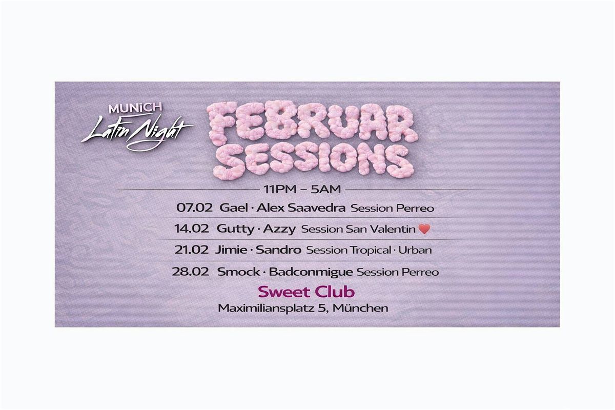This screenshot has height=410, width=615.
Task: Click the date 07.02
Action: (x=194, y=208)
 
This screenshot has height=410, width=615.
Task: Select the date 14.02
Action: (x=191, y=229)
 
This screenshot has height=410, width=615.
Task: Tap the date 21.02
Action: (x=191, y=250)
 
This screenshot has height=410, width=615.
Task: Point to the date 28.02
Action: (x=190, y=272)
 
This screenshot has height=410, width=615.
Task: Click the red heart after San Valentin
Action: (x=424, y=229)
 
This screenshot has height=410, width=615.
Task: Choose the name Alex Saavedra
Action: (x=301, y=208)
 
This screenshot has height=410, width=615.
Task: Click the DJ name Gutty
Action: (x=235, y=229)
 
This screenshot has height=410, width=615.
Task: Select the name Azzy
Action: (x=279, y=229)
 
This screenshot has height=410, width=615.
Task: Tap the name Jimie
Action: (x=231, y=250)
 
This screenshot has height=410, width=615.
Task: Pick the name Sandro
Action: (x=278, y=250)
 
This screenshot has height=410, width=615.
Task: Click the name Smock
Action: (x=238, y=272)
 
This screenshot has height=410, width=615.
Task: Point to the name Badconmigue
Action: (x=311, y=272)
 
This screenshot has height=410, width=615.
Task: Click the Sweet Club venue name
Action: (x=306, y=292)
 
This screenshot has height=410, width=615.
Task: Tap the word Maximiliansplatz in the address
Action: (x=265, y=308)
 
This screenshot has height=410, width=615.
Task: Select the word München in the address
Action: (x=360, y=308)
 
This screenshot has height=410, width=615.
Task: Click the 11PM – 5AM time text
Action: (x=302, y=189)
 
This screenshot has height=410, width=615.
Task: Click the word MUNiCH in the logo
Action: (x=135, y=108)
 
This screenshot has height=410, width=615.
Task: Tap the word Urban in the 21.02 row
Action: (x=415, y=250)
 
